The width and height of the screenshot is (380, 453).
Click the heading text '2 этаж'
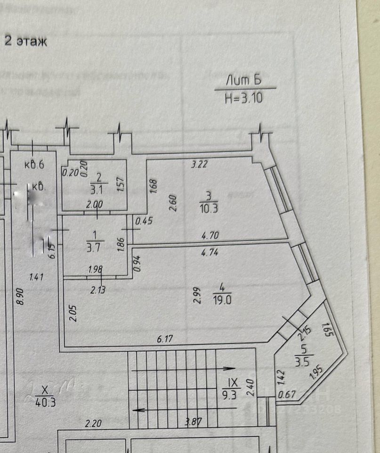point(26,42)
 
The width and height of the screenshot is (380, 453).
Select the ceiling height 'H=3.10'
point(244,98)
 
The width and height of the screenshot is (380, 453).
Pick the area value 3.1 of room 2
point(99,190)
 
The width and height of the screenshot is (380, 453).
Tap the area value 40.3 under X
point(45,402)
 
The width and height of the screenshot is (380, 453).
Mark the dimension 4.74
point(210,252)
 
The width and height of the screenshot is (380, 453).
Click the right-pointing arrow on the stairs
point(229,368)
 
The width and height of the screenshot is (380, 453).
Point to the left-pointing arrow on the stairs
point(138,411)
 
